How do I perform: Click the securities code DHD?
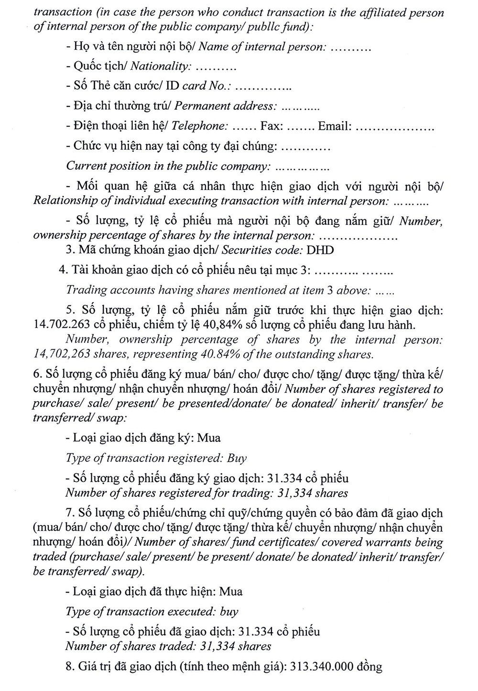(320, 250)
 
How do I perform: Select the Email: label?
(335, 126)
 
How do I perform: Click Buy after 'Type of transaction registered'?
(237, 458)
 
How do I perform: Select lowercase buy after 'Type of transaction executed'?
(229, 612)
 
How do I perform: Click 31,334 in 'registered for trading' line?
(295, 493)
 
